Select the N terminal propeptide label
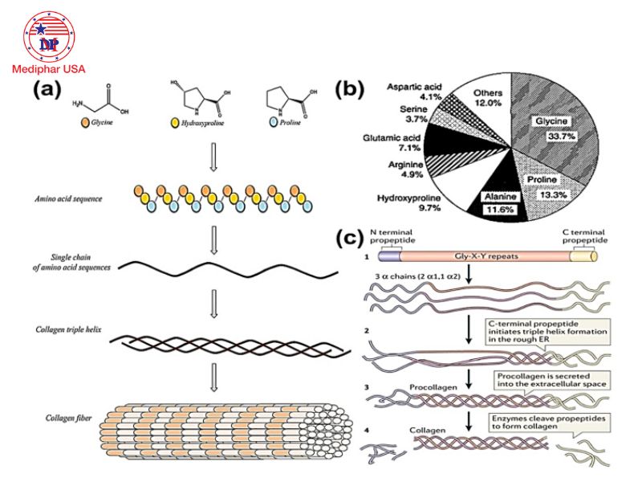[x=395, y=235]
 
